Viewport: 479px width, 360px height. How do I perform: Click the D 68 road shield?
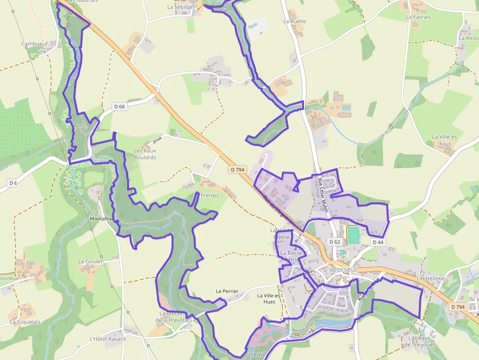[x=119, y=106]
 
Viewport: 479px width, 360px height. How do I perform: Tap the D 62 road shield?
[x=335, y=242]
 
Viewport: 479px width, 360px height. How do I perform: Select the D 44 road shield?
[x=378, y=242]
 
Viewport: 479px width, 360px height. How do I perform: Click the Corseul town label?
[x=345, y=269]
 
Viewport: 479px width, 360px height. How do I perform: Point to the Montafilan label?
[x=101, y=219]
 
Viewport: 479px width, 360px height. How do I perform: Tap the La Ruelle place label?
[x=294, y=21]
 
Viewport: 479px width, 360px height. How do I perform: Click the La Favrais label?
[x=418, y=17]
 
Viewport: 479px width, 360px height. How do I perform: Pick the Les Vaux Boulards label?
[x=145, y=154]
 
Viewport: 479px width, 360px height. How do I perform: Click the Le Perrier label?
[x=227, y=291]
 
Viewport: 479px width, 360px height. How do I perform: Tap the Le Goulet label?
[x=90, y=262]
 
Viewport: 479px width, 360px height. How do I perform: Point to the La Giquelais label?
[x=25, y=322]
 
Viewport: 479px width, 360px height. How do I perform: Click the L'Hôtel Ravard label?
[x=108, y=339]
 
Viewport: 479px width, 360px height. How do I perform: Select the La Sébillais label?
[x=181, y=7]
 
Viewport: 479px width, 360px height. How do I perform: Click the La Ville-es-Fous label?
[x=445, y=140]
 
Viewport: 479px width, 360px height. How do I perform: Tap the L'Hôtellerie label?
[x=431, y=278]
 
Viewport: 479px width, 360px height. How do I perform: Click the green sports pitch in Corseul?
[x=353, y=234]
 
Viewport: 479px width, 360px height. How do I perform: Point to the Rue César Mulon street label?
[x=323, y=196]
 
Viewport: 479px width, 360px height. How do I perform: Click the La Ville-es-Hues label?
[x=269, y=298]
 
